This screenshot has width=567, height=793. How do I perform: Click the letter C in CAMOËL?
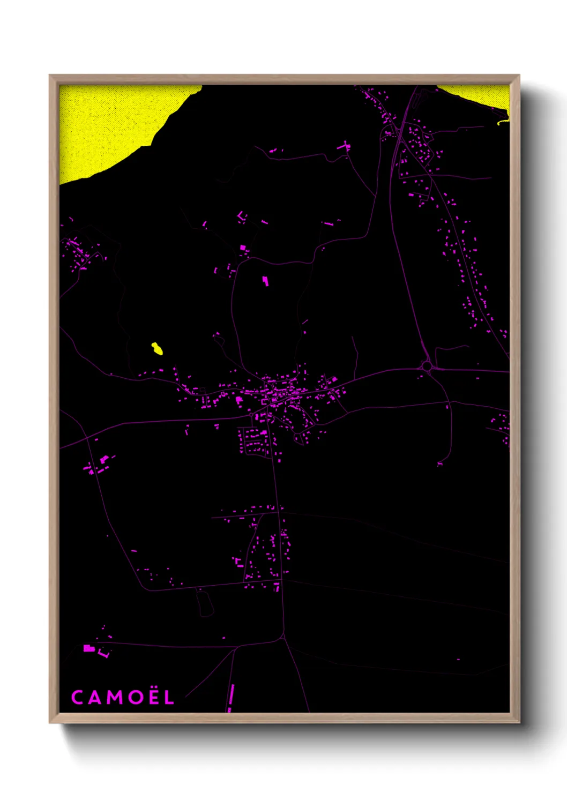pos(77,697)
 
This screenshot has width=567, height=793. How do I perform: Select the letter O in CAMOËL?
pos(134,697)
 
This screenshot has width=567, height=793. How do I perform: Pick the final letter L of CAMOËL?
pos(169,697)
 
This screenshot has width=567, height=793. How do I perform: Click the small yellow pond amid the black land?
pos(157,349)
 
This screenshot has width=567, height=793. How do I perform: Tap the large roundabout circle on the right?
pos(427,366)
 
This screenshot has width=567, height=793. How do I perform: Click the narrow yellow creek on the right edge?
pos(502,122)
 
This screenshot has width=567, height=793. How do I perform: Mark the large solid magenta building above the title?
pos(88,648)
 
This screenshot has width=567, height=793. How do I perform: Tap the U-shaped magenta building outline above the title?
pos(103,654)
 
